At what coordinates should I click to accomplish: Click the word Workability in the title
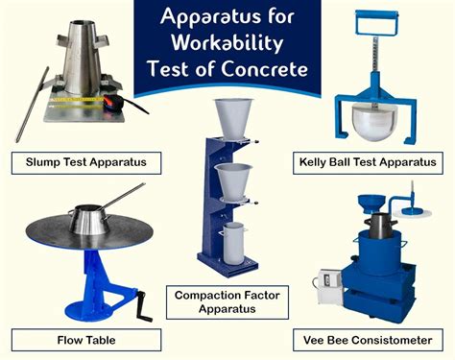[228, 44]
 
